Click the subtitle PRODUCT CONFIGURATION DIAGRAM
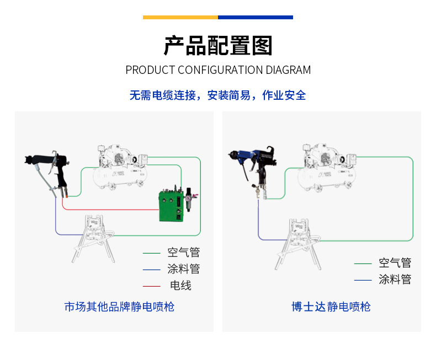(218, 70)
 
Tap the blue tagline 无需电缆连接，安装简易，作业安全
(218, 95)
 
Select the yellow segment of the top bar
(180, 17)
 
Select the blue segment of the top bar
(255, 17)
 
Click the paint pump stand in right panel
(299, 243)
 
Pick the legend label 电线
(180, 286)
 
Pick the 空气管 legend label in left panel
(184, 253)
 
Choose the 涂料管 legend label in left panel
(184, 269)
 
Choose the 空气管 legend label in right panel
(395, 263)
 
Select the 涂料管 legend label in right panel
(395, 280)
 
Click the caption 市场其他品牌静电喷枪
(119, 307)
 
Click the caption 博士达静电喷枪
(331, 307)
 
